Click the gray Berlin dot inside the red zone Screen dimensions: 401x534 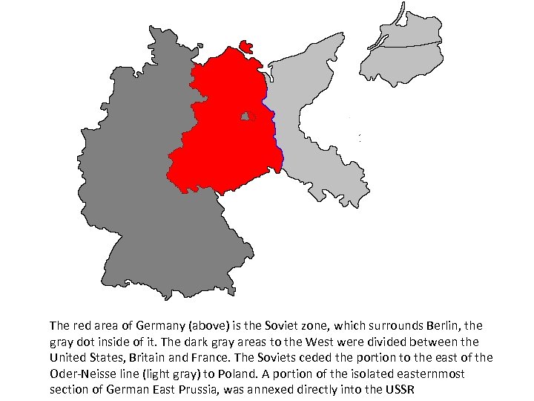point(246,117)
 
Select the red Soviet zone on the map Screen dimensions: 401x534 point(222,141)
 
